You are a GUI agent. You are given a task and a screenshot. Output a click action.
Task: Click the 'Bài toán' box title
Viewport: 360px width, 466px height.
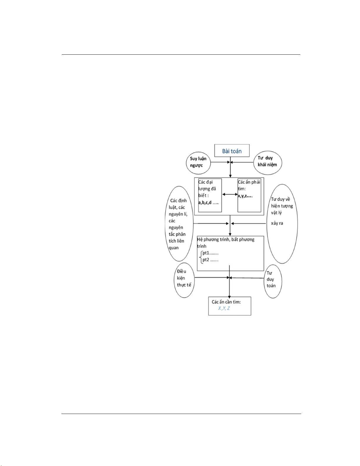[x=232, y=151]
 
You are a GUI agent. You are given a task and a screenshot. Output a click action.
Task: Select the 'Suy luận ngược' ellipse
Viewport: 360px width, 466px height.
[x=198, y=162]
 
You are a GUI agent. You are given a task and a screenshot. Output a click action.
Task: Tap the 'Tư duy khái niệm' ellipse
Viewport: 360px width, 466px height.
[x=268, y=163]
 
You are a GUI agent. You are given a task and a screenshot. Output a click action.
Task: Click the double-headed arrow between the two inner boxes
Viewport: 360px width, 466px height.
[x=230, y=195]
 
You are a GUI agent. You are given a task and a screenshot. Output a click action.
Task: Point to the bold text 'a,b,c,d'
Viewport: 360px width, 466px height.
[x=205, y=203]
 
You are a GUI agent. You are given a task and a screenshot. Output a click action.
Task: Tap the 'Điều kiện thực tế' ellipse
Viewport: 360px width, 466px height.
[x=184, y=280]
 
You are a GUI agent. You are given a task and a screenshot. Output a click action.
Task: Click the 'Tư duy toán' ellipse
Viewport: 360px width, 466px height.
[x=273, y=281]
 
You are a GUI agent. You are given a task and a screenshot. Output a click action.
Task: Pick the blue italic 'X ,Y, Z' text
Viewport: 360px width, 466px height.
[x=224, y=308]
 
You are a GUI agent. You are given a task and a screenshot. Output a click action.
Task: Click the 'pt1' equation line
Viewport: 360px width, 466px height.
[x=210, y=253]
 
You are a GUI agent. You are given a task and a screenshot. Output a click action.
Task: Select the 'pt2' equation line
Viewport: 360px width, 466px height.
[x=210, y=260]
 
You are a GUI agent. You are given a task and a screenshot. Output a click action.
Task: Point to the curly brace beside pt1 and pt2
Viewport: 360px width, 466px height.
[x=200, y=257]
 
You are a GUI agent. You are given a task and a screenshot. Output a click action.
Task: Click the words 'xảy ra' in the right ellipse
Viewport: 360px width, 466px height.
[x=277, y=223]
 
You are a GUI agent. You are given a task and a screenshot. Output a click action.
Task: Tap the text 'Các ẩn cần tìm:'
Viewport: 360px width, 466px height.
[x=226, y=302]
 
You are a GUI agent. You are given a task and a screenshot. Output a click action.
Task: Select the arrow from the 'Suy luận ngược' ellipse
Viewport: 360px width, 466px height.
[x=220, y=162]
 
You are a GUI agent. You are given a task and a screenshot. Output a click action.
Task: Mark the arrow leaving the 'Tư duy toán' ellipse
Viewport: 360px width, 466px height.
[x=247, y=278]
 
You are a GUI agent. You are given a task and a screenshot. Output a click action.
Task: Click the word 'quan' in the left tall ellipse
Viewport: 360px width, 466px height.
[x=174, y=248]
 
